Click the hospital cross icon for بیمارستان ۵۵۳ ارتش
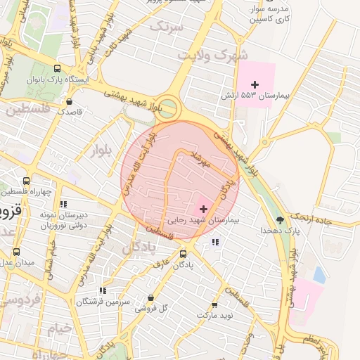click(264, 84)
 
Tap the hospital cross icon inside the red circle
click(204, 209)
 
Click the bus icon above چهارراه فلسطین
click(27, 181)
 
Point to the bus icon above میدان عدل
click(17, 252)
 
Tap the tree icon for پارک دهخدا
click(281, 220)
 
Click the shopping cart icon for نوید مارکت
click(214, 305)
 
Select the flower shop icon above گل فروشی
click(150, 297)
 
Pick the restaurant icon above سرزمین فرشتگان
click(103, 290)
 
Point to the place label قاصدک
click(70, 111)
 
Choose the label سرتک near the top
click(166, 27)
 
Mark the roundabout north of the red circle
click(169, 108)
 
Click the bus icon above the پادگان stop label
click(184, 254)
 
